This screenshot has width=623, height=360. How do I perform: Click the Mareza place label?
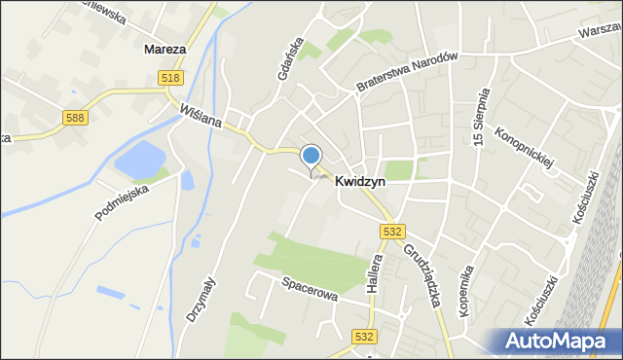pyautogui.click(x=165, y=47)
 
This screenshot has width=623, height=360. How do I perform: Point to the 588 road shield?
pyautogui.click(x=76, y=118)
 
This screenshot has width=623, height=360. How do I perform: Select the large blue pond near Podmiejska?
pyautogui.click(x=140, y=160)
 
